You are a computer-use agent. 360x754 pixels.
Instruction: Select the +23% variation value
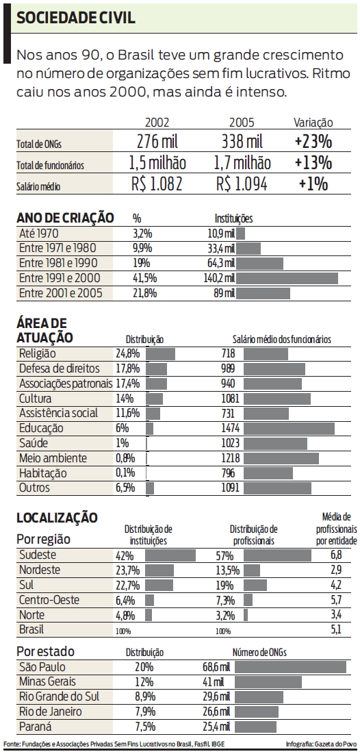[313, 142]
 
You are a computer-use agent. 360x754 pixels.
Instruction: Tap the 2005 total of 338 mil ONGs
[242, 142]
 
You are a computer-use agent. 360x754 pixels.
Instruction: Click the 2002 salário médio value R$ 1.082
[157, 184]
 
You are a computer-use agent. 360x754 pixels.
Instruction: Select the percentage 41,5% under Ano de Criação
[144, 278]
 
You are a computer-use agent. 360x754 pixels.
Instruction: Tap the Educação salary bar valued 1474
[289, 428]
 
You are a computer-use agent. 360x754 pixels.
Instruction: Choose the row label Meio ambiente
[53, 457]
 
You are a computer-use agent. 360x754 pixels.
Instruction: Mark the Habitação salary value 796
[229, 473]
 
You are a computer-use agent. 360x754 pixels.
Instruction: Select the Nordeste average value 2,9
[335, 570]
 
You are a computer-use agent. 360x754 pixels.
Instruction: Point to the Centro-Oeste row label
[49, 600]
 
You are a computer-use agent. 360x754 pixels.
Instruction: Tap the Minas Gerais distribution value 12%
[143, 681]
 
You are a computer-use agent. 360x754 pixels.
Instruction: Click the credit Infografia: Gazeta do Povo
[320, 744]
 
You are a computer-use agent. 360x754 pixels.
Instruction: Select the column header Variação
[313, 123]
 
